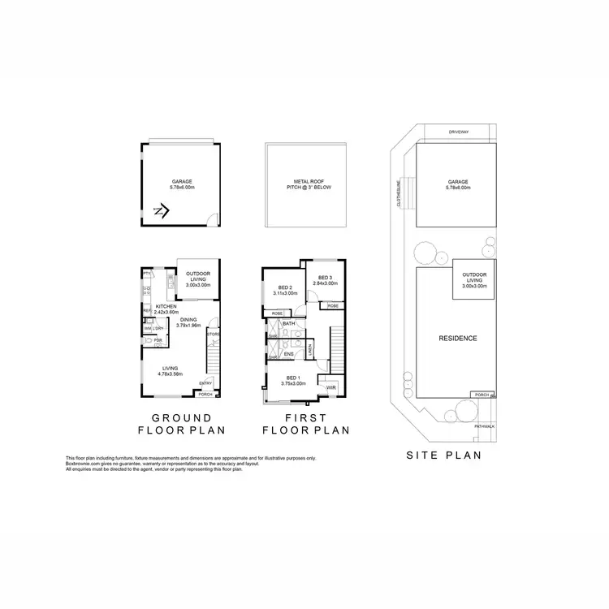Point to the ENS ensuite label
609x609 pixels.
click(x=288, y=354)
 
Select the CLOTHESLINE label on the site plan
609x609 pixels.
click(x=398, y=192)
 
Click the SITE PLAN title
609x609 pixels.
click(x=443, y=456)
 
